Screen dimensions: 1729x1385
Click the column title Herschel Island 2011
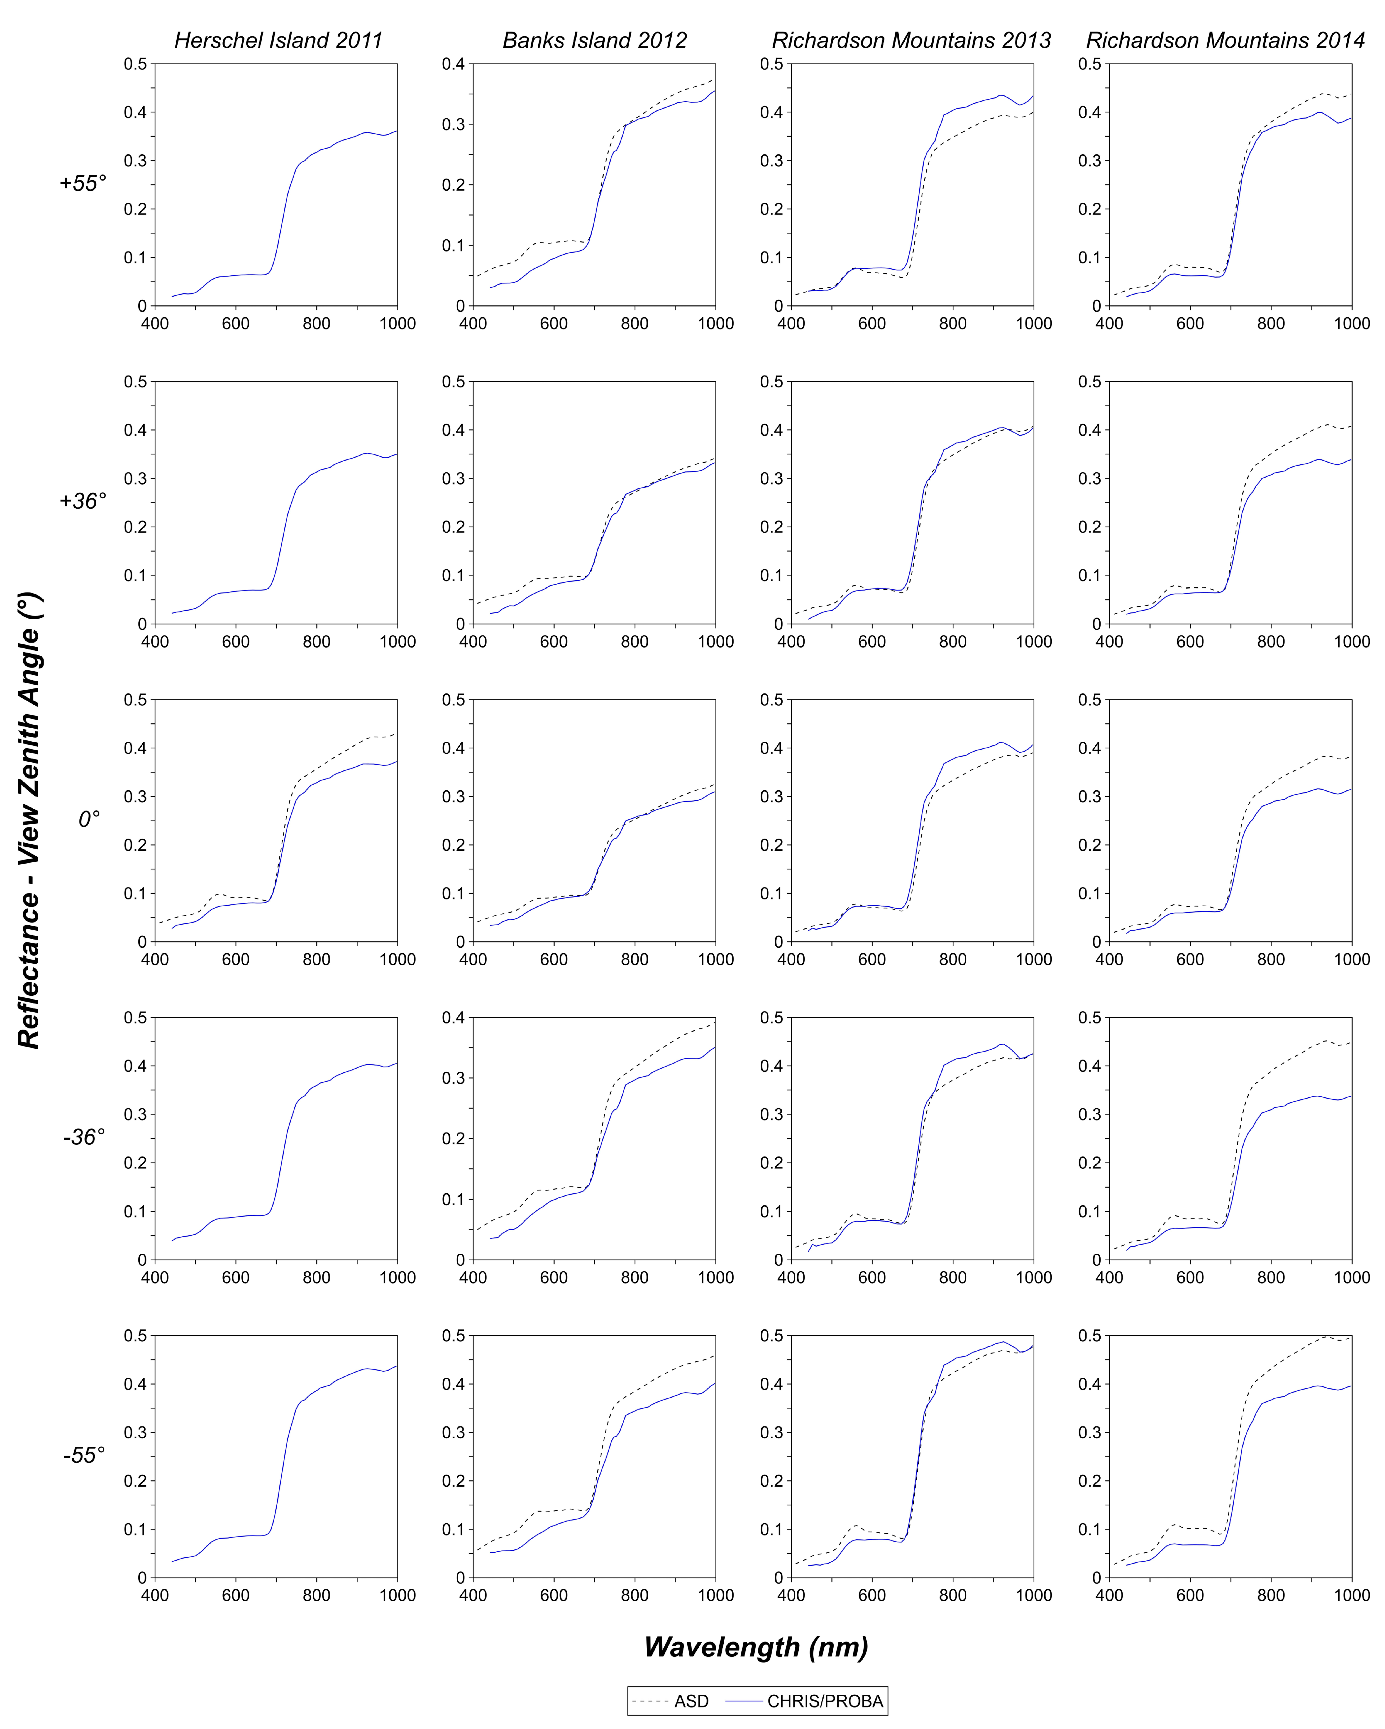(278, 40)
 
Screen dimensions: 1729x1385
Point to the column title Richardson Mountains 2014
(1225, 40)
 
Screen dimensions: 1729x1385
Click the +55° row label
(83, 184)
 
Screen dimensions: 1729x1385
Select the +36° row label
(83, 501)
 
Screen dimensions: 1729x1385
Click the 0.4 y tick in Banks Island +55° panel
(453, 64)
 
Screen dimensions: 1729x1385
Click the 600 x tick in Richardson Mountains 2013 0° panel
(872, 959)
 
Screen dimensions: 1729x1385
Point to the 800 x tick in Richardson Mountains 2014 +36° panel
(1270, 642)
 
